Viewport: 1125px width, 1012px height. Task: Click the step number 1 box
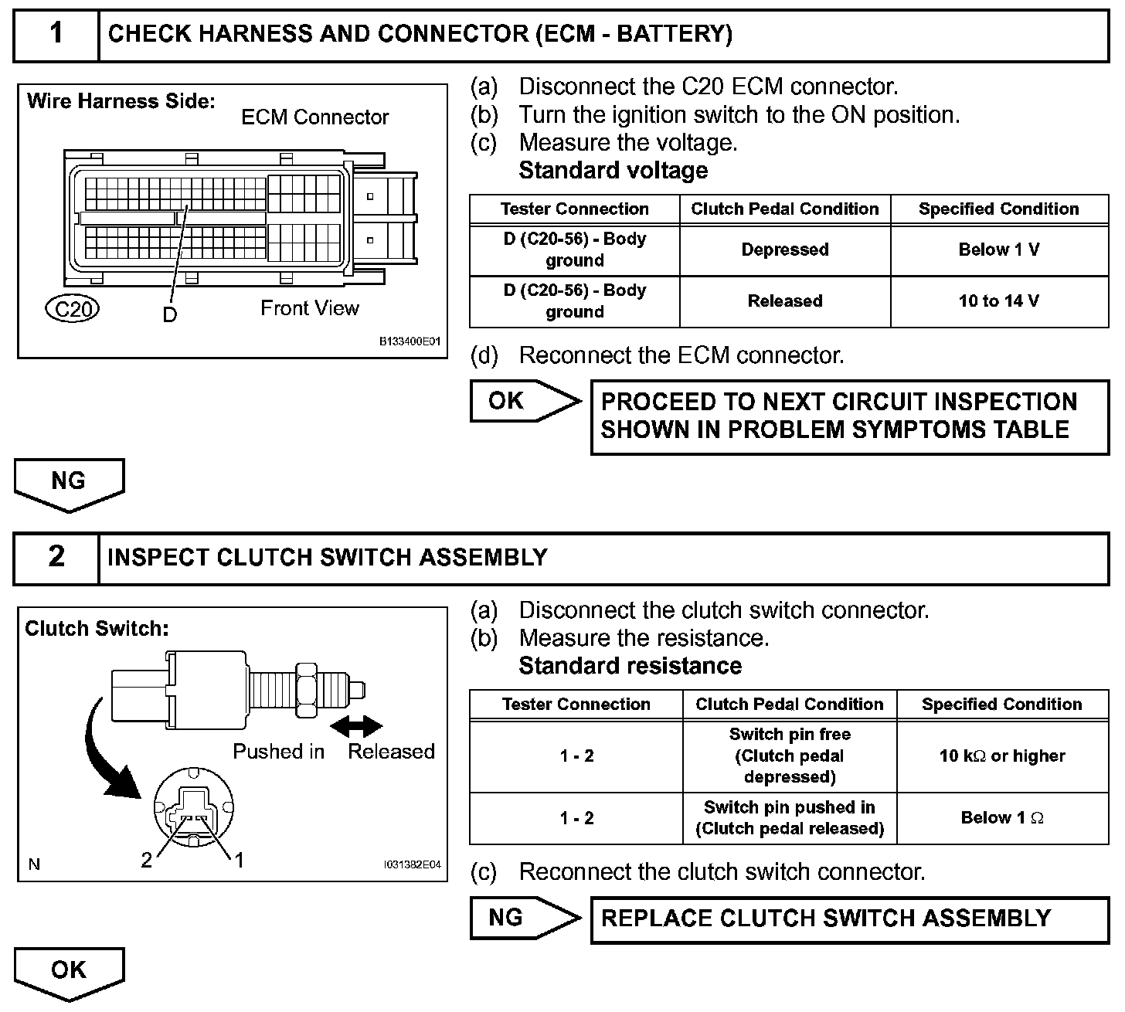(x=56, y=34)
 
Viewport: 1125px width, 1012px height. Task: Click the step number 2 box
(x=56, y=557)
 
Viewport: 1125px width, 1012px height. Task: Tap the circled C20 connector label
(x=72, y=309)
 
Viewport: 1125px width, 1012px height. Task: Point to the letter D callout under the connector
(x=169, y=314)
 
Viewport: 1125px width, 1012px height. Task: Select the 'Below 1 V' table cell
(x=999, y=250)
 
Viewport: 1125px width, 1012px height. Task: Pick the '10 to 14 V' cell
(x=999, y=301)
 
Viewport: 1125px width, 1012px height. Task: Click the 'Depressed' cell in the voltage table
(x=785, y=250)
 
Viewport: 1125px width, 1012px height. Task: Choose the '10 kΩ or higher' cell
(x=1002, y=756)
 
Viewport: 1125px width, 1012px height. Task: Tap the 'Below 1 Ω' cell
(x=1002, y=818)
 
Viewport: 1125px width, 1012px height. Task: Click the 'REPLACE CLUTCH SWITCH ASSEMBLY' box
(x=849, y=919)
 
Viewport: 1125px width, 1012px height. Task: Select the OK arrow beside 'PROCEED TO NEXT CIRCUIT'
(x=524, y=401)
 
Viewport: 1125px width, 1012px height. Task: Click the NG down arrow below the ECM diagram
(x=69, y=484)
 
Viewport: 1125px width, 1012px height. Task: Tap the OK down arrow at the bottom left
(x=69, y=973)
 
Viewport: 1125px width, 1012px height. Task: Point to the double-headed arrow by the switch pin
(x=355, y=726)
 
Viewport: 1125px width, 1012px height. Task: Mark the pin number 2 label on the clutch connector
(x=147, y=860)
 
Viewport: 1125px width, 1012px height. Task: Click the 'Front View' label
(x=309, y=308)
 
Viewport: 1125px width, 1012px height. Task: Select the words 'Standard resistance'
(x=630, y=666)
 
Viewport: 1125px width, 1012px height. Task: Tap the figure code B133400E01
(x=410, y=341)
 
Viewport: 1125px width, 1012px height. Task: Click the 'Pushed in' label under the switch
(x=279, y=752)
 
